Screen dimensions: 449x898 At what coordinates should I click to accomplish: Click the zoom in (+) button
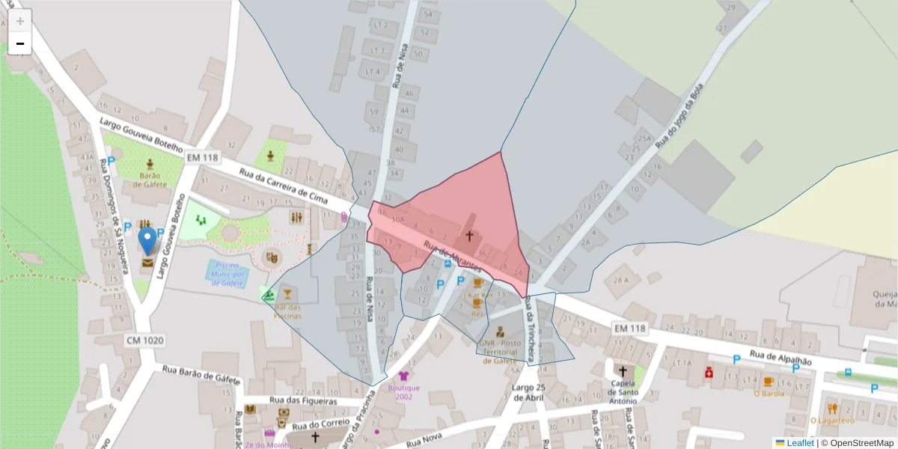20,20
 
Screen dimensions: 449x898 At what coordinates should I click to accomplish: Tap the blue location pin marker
148,241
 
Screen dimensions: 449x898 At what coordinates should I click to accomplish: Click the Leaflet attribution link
800,443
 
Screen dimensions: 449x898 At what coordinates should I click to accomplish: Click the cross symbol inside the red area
469,236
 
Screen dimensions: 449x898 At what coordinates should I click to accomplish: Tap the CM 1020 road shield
144,340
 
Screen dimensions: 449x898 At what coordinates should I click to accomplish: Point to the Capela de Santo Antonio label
622,392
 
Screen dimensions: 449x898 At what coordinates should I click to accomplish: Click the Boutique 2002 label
404,392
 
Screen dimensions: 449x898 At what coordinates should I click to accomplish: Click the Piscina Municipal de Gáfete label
227,275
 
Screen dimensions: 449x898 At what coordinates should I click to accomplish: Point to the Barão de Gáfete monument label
152,180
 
